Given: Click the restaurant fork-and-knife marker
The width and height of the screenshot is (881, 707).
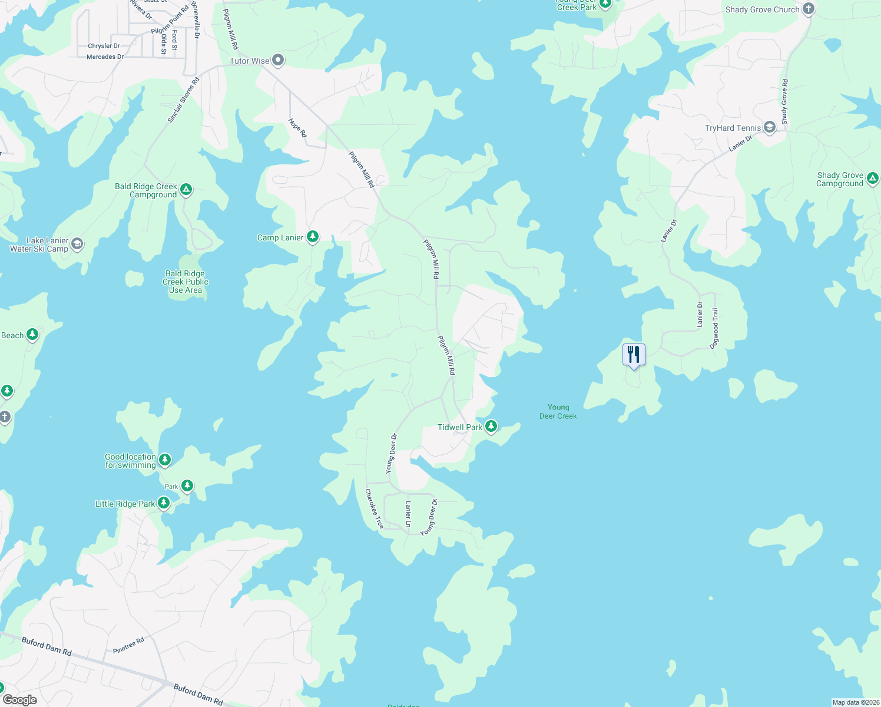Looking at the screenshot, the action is point(634,355).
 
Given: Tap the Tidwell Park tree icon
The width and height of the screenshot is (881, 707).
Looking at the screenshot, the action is point(491,427).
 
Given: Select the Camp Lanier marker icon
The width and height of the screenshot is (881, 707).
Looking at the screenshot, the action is point(313,237).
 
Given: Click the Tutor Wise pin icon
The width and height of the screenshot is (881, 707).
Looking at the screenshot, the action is point(279,60).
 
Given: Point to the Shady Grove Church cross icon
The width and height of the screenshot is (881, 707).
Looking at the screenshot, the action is point(809,9).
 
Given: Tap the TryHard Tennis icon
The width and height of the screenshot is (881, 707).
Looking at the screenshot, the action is point(770,127).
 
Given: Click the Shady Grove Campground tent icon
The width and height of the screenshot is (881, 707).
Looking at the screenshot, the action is point(873,178).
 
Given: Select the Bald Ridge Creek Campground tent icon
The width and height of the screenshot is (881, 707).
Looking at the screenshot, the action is point(186,190).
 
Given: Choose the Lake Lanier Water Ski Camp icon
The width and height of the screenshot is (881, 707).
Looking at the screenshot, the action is point(77,244).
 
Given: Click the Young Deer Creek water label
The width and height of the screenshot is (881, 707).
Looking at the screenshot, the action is point(558,411).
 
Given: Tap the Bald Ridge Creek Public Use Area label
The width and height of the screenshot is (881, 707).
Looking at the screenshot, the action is point(186,282).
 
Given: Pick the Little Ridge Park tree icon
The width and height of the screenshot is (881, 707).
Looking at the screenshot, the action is point(164,503).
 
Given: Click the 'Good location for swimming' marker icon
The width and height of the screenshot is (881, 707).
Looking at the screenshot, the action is point(165,460).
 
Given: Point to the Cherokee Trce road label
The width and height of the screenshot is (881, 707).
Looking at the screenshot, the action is point(374,508).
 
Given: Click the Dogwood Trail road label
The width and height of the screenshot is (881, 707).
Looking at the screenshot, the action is point(715,328).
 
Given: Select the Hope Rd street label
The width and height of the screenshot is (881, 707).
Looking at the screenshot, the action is point(297,128).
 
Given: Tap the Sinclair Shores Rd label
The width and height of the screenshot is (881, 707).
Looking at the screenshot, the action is point(183,100).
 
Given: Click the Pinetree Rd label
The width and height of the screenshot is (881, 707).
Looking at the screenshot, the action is point(128,646).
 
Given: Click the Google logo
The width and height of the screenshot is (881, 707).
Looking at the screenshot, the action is point(20,699).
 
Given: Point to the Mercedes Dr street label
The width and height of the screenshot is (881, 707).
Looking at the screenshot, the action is point(105,57).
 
